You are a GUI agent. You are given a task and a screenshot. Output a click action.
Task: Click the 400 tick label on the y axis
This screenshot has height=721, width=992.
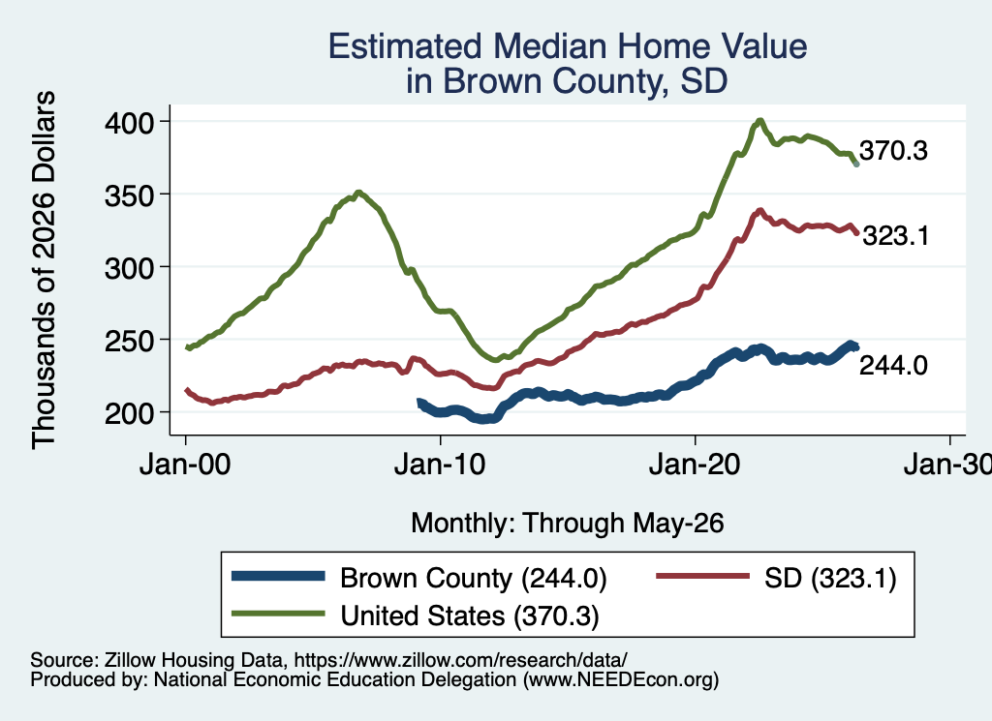(129, 122)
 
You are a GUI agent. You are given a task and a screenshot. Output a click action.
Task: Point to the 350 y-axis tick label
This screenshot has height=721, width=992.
(129, 195)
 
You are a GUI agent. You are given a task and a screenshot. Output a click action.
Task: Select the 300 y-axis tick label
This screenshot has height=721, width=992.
(129, 268)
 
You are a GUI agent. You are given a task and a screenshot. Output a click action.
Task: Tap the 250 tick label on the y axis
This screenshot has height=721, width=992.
(129, 341)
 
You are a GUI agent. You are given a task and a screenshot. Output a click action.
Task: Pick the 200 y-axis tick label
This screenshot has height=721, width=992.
(129, 413)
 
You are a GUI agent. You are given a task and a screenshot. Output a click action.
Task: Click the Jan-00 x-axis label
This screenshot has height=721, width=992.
(185, 465)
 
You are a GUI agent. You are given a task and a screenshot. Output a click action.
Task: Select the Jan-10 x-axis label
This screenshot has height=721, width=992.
(440, 465)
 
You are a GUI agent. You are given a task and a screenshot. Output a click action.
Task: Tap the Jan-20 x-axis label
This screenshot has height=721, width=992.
(695, 465)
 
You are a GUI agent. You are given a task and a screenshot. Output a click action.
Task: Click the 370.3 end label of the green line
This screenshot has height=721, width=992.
(893, 150)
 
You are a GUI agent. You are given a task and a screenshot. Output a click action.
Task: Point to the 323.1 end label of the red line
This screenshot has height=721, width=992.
(896, 236)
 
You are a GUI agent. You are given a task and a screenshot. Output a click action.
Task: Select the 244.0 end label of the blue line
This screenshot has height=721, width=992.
(893, 365)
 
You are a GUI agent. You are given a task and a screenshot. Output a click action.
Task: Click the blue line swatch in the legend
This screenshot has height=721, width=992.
(278, 576)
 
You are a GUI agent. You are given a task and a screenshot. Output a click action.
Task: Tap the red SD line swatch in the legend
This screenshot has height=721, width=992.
(703, 576)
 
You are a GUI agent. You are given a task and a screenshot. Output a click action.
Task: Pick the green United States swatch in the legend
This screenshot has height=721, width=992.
(278, 614)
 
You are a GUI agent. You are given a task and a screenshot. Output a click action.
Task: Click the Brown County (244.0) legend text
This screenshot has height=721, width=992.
(473, 578)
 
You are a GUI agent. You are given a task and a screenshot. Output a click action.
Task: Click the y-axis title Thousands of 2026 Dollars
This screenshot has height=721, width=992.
(44, 270)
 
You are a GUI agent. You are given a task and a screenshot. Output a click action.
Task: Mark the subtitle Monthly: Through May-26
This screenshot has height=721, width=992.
(568, 524)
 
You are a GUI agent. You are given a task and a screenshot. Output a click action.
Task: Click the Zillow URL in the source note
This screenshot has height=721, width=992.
(460, 660)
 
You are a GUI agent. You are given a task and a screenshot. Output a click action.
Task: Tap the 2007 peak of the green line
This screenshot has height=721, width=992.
(358, 193)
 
